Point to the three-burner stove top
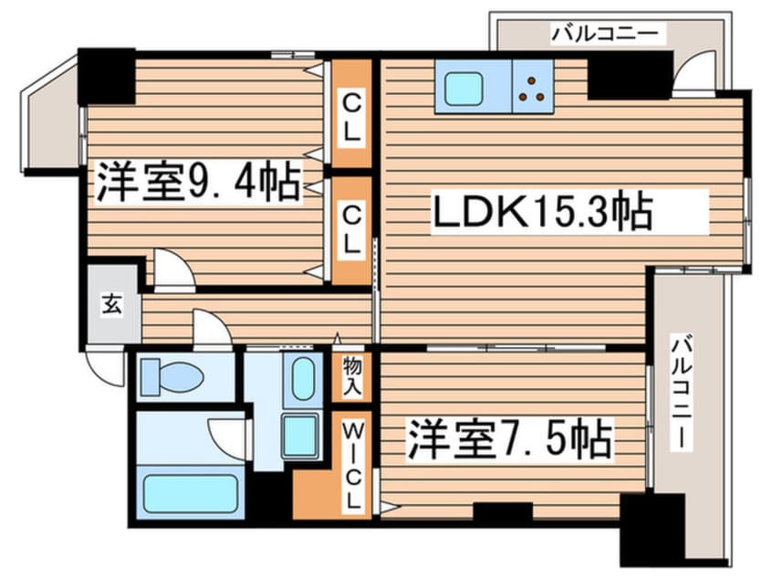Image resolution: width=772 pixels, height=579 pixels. coord(533,87)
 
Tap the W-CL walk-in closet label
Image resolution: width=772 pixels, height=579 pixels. coord(352,465)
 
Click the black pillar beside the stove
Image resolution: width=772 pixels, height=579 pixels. coord(629,76)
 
